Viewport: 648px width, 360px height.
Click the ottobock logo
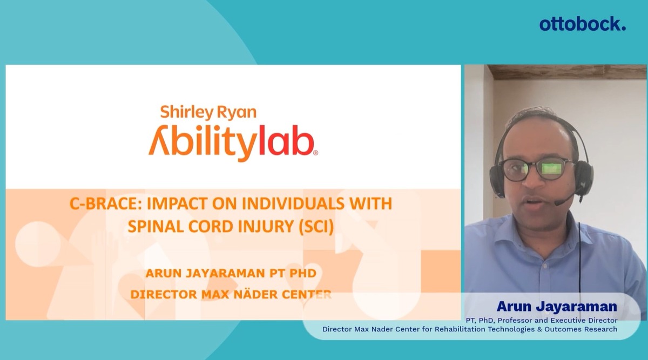(x=582, y=24)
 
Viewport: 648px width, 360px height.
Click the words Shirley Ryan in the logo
(x=208, y=112)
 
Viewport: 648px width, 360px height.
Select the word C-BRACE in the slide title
(x=106, y=203)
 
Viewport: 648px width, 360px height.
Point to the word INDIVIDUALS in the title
(x=293, y=203)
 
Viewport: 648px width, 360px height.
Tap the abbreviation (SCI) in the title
(x=316, y=226)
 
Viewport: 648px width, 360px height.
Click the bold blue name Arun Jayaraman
(x=557, y=307)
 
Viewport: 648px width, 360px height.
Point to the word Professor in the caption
(x=514, y=321)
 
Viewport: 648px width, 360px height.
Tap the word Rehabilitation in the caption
(x=461, y=329)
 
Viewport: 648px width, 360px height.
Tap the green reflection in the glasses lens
(x=551, y=168)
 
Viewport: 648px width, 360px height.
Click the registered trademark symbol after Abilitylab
(x=315, y=153)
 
